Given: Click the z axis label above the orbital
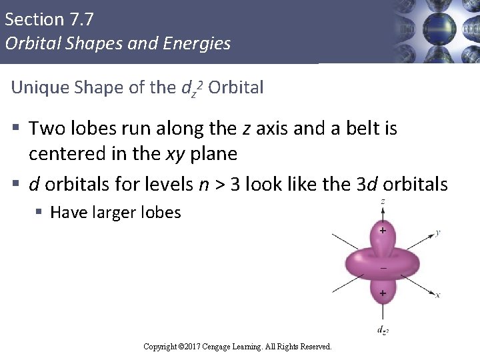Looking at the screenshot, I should [x=382, y=201].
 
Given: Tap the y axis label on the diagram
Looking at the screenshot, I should [x=437, y=232].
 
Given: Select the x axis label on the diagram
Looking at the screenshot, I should [x=437, y=295].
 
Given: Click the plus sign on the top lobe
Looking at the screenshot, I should [x=383, y=231].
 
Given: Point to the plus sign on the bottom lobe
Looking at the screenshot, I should [x=383, y=293].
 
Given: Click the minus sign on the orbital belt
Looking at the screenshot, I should [x=383, y=268].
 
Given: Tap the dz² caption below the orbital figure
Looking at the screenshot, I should [x=382, y=330].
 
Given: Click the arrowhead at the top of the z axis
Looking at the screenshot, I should [x=383, y=208].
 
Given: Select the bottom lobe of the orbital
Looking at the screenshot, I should [x=382, y=293].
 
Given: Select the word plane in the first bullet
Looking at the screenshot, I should [x=213, y=154].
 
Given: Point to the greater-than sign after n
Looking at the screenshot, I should [x=218, y=185].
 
